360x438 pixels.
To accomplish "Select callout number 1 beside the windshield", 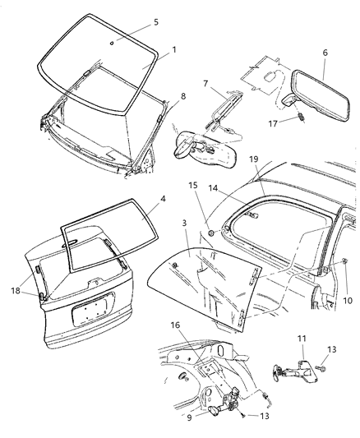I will [x=173, y=50].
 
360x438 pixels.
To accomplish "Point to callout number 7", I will [x=206, y=83].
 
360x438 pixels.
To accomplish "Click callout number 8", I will [x=182, y=97].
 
